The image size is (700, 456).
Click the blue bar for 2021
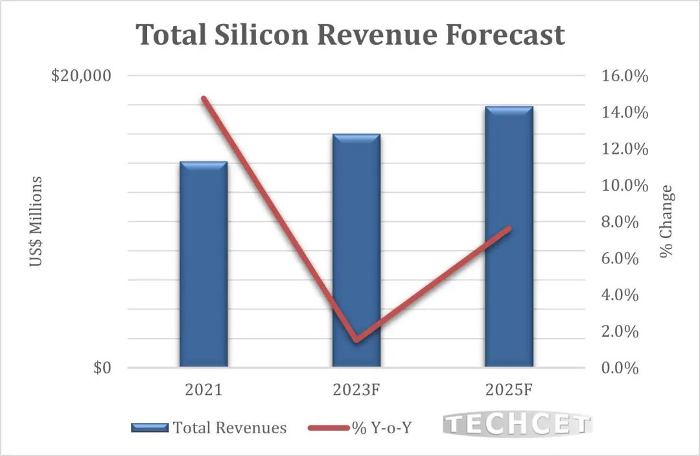pos(204,265)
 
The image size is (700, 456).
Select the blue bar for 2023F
pos(356,251)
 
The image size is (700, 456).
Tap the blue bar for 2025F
pos(509,237)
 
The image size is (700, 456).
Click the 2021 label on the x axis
pos(204,390)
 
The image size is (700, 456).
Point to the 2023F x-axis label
pos(356,390)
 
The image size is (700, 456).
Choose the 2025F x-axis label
pos(509,390)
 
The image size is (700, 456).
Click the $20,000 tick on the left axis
pos(81,76)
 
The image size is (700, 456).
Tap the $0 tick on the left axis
pos(102,368)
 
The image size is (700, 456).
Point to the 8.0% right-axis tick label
pos(625,222)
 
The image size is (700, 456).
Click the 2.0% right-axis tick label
pos(625,331)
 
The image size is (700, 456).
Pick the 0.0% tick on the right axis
pos(625,368)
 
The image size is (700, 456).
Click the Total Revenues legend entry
pos(209,427)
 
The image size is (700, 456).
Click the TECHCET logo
pos(517,426)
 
